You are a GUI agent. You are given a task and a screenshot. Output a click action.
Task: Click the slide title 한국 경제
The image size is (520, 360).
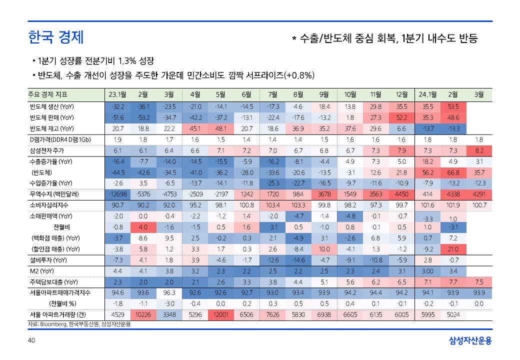click(55, 37)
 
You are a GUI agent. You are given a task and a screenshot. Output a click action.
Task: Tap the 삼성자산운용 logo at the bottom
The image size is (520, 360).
click(470, 341)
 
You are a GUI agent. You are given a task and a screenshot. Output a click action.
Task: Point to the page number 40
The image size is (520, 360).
click(31, 341)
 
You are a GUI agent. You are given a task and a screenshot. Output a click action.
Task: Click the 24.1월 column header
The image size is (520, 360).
click(427, 94)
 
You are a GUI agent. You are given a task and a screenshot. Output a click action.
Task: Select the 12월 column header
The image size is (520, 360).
click(401, 94)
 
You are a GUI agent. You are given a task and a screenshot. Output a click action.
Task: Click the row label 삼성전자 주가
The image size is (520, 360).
click(47, 150)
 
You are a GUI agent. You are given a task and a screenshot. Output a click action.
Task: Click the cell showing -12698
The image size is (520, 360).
click(117, 194)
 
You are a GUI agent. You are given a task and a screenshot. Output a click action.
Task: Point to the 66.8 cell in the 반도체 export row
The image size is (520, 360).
click(453, 172)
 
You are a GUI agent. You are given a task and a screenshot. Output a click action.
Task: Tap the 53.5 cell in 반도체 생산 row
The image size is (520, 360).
click(453, 106)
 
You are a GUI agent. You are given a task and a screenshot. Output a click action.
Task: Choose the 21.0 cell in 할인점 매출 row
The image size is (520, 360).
click(453, 248)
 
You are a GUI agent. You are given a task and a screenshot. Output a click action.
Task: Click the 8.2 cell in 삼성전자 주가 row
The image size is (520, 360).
click(479, 150)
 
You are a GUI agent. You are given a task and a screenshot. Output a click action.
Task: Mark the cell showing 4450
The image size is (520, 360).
click(401, 194)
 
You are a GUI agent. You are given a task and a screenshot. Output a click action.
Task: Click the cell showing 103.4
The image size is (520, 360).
click(272, 205)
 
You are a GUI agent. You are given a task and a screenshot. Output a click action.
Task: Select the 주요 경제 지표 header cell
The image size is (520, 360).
click(47, 94)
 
